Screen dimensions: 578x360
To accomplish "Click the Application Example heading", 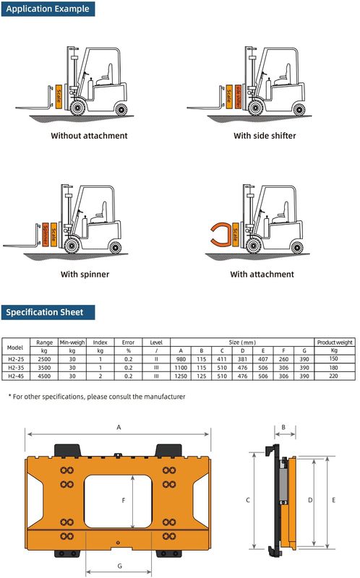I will point(48,9).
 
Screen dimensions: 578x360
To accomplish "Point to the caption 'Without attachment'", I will point(89,136).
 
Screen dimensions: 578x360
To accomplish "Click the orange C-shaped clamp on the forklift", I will point(217,238).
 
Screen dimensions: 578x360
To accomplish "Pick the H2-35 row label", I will point(14,366).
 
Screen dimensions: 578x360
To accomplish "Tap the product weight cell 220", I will point(333,375).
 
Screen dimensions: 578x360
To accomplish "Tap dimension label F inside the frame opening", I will point(124,499).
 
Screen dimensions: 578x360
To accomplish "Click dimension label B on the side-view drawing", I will point(283,428).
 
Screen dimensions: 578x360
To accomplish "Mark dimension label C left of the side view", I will point(248,500).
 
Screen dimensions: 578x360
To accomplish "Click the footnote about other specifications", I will point(97,397).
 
